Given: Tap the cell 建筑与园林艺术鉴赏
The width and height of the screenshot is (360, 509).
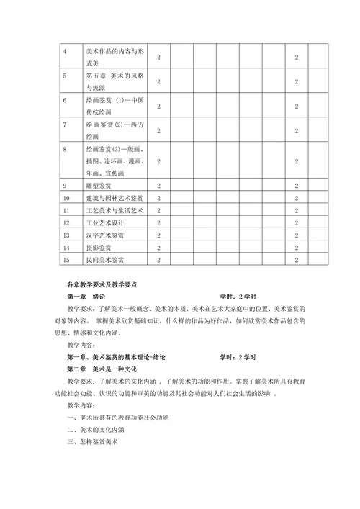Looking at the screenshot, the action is [x=114, y=197].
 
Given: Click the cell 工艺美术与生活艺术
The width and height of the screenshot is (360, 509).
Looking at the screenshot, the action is [x=114, y=210].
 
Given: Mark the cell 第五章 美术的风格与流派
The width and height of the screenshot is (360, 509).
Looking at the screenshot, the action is [x=114, y=82].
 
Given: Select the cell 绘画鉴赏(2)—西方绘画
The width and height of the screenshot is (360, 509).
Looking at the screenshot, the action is [x=114, y=131].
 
